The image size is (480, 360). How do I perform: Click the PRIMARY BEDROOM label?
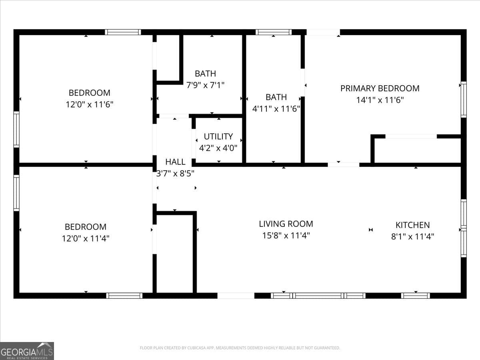(380, 88)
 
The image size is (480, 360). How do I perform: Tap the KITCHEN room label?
(412, 225)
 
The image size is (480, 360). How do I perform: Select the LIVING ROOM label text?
(286, 224)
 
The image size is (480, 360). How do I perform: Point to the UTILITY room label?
(218, 136)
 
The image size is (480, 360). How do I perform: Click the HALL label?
(175, 162)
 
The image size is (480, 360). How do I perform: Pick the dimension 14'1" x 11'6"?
(380, 100)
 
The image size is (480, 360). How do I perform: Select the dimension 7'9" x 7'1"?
(205, 85)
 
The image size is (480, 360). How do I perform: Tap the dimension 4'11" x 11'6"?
(276, 108)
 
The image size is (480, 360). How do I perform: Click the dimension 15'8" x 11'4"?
(286, 236)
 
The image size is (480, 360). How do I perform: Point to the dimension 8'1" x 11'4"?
(412, 236)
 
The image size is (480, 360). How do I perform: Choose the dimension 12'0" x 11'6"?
(89, 104)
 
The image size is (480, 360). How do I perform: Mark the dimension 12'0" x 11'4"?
(85, 238)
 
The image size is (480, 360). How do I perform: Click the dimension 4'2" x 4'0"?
(218, 148)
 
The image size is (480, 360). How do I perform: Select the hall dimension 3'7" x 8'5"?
(175, 174)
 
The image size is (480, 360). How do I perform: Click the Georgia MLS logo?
(27, 351)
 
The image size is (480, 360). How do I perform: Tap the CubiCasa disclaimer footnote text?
(240, 348)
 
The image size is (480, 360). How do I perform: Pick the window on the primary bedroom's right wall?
(463, 99)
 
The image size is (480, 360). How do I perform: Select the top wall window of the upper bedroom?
(123, 32)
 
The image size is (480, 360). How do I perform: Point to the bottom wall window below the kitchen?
(415, 296)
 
